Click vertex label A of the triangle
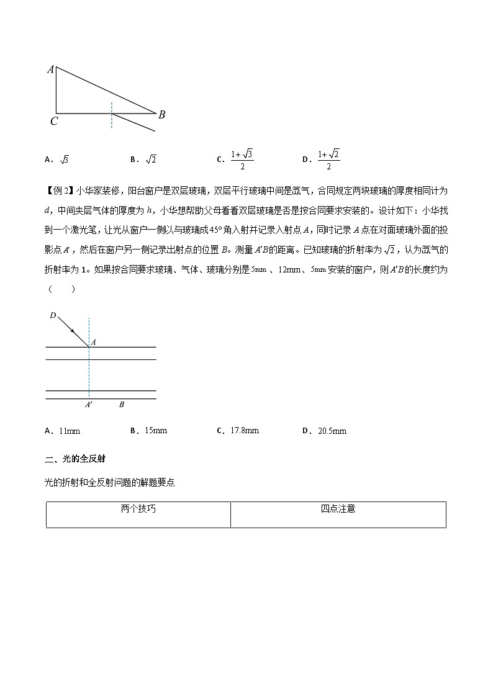click(50, 70)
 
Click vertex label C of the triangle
click(54, 122)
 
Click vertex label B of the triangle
click(161, 115)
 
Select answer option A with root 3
click(64, 160)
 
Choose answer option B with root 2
click(150, 160)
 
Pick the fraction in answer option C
click(242, 160)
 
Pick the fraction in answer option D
click(328, 160)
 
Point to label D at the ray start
click(53, 317)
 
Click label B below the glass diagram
click(122, 405)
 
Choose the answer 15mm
click(155, 431)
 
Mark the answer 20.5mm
click(332, 431)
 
